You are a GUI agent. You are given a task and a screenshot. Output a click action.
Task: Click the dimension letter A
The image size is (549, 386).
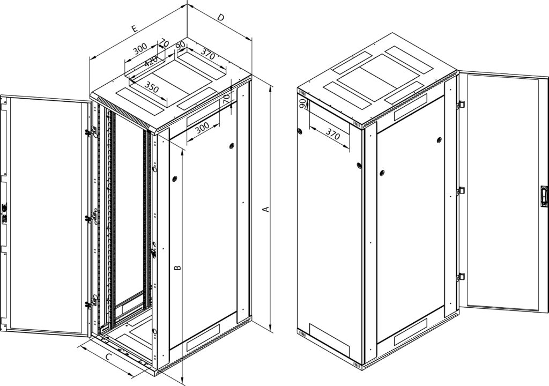[x=266, y=209]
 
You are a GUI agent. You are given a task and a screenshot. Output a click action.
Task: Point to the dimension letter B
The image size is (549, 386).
[x=178, y=268]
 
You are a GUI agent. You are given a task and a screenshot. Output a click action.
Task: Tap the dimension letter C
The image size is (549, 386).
[x=109, y=357]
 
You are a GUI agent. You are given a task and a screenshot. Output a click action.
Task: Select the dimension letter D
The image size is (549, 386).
[x=221, y=18]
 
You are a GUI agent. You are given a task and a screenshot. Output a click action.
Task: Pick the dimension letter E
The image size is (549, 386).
[x=135, y=29]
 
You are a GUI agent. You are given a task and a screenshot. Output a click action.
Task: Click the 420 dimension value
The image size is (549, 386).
[x=151, y=62]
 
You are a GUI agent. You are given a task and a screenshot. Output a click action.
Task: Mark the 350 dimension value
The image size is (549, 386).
[x=152, y=87]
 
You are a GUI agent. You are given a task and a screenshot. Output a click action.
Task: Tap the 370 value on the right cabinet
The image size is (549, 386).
[x=332, y=133]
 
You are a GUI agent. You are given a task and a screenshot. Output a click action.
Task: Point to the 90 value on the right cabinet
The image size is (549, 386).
[x=303, y=104]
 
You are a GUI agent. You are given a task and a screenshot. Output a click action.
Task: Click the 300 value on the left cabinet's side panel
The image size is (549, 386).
[x=202, y=129]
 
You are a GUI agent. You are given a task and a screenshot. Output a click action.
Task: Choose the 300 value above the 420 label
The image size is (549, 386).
[x=140, y=49]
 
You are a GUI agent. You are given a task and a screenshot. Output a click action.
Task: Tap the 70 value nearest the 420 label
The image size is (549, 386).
[x=164, y=43]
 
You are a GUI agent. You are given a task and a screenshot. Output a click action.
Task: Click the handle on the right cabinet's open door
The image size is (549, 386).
[x=544, y=197]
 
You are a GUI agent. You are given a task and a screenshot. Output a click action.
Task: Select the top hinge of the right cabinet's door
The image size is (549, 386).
[x=462, y=105]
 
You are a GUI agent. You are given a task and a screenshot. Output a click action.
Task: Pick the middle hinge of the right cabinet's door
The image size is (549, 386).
[x=462, y=191]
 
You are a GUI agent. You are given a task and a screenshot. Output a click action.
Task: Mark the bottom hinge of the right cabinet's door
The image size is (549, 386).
[x=462, y=277]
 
